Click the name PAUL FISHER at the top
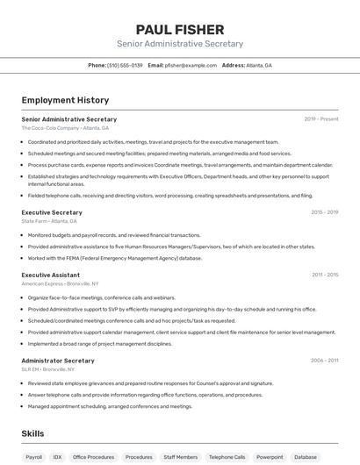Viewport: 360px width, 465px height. click(x=179, y=29)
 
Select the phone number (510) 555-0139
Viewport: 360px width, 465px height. click(x=125, y=65)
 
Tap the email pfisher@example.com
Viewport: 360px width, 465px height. click(x=191, y=65)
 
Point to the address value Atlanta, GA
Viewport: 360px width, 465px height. click(x=259, y=65)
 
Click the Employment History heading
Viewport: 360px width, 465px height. click(x=65, y=100)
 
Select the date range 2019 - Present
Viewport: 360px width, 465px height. click(x=321, y=118)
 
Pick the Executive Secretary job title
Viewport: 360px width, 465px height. click(x=52, y=212)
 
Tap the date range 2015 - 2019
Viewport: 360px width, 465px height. click(x=324, y=212)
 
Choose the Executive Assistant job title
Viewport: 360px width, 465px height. click(x=51, y=275)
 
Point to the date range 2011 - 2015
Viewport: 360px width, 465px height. click(x=324, y=275)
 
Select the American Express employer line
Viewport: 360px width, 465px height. click(x=60, y=283)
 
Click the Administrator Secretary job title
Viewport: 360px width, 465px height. click(x=58, y=361)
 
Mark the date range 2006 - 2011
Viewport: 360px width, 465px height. click(x=324, y=361)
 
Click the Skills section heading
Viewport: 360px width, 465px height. click(x=32, y=433)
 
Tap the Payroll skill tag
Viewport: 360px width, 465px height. click(x=33, y=457)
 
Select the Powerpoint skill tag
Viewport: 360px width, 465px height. click(x=270, y=457)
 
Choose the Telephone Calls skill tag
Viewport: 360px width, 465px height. click(x=227, y=457)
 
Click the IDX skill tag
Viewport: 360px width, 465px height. click(x=57, y=457)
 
